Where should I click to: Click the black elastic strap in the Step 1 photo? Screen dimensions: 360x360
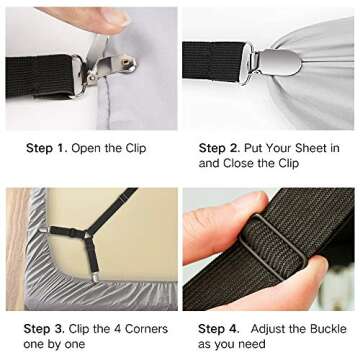[x=35, y=76]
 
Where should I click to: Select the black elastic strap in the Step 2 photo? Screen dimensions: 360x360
[x=209, y=57]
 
